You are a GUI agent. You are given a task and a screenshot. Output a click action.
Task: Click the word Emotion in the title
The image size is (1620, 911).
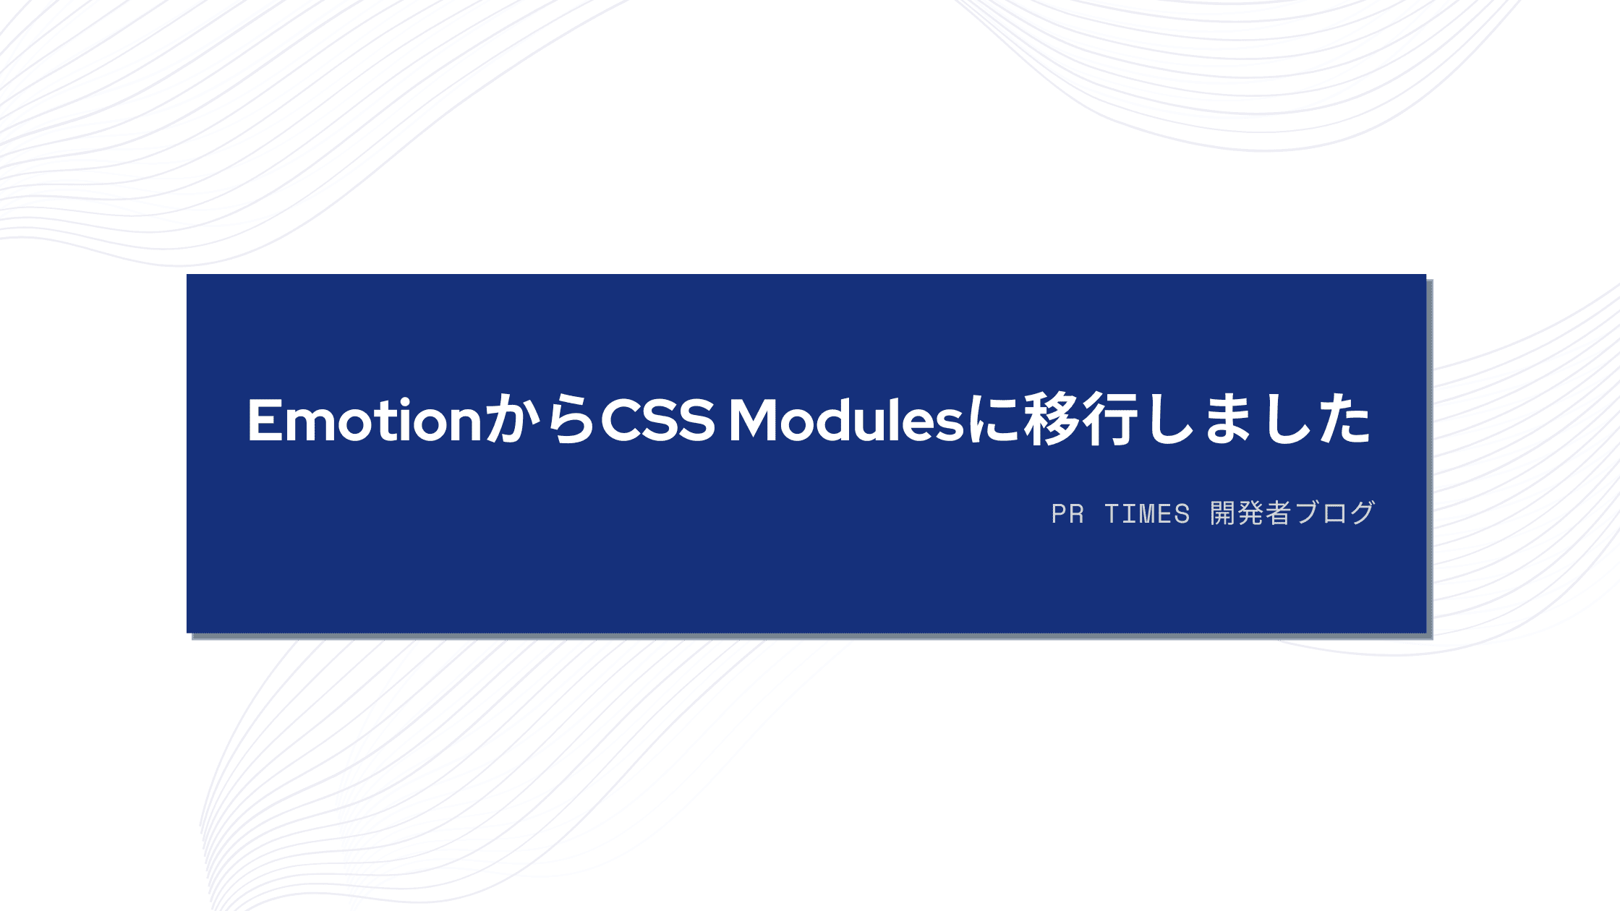click(364, 420)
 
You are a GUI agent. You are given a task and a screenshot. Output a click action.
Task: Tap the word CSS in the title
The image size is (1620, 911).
click(657, 420)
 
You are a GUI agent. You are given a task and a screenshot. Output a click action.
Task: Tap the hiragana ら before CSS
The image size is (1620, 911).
click(571, 419)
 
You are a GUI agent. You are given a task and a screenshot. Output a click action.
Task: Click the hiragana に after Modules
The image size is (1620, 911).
click(993, 420)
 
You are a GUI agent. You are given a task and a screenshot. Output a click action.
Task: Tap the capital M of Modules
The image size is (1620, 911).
click(754, 420)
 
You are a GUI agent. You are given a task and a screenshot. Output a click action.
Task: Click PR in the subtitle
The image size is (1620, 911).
click(1067, 514)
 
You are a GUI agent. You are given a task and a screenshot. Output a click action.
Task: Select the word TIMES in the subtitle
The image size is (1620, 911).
click(1147, 514)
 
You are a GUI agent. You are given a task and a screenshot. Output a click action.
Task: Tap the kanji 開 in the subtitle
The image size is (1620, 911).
click(1223, 513)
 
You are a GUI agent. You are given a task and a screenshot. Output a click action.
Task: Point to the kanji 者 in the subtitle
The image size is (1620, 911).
click(1278, 513)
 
